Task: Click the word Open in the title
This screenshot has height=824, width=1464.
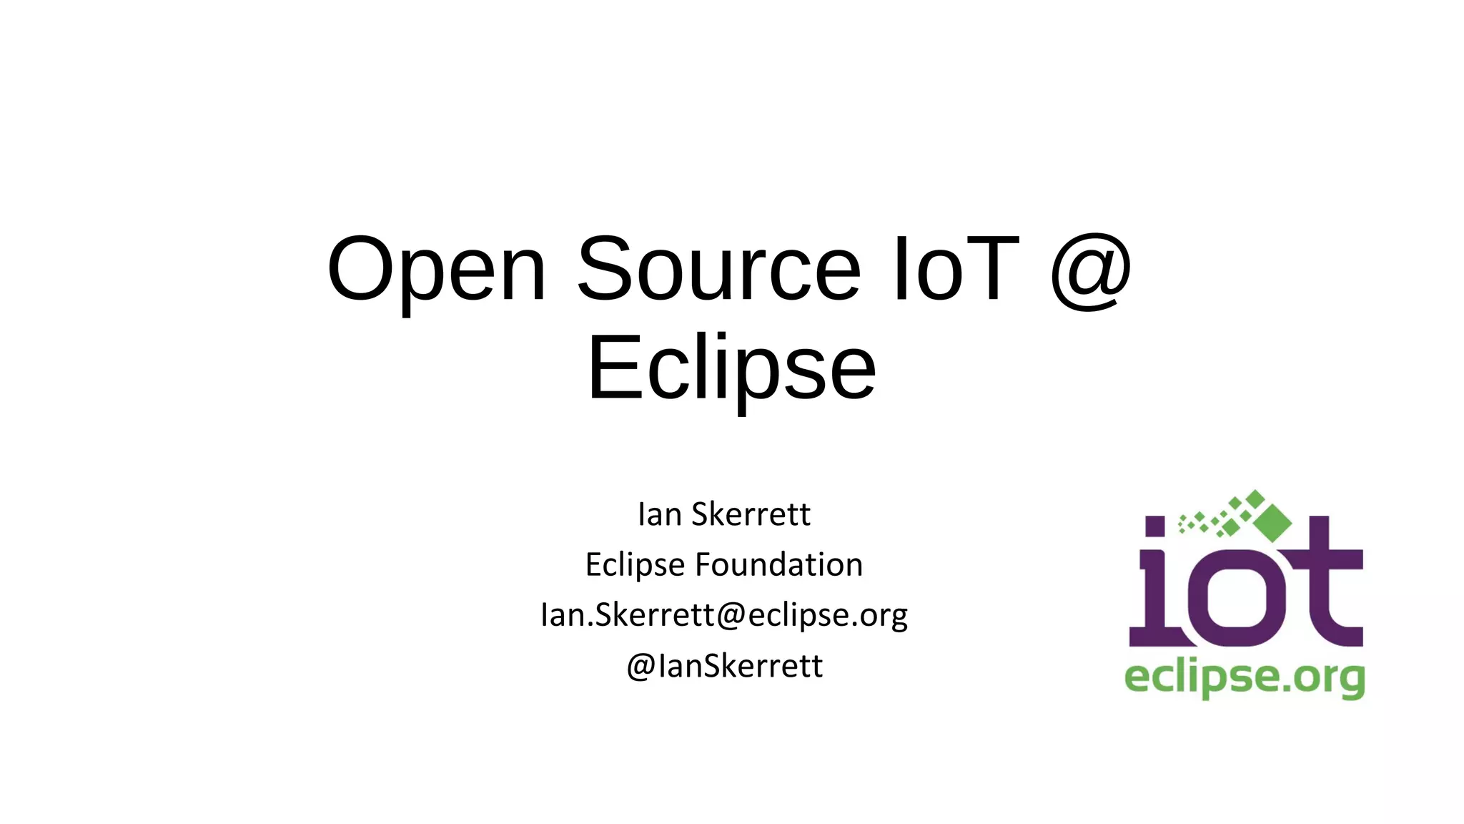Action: [437, 270]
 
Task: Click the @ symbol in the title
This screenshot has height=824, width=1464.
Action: [1091, 272]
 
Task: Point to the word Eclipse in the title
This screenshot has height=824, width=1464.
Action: [731, 369]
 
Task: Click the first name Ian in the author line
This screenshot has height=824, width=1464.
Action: [660, 514]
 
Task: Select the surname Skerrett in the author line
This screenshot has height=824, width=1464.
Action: [751, 514]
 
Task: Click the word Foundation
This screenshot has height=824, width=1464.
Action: [778, 564]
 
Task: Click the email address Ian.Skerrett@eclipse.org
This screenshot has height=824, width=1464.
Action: [724, 615]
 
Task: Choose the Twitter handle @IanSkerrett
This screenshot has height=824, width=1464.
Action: [724, 666]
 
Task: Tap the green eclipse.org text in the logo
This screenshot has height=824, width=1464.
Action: [1245, 677]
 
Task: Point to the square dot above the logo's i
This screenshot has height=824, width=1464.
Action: [1155, 526]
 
